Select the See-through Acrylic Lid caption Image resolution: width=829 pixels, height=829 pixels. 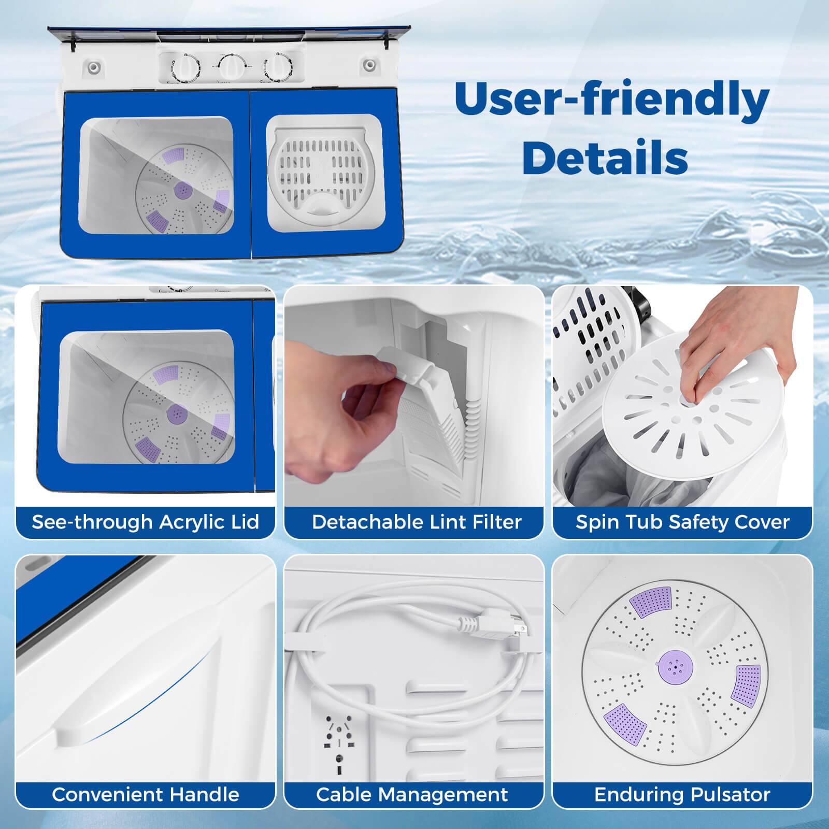pyautogui.click(x=146, y=522)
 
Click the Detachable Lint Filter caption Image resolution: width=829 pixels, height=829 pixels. pyautogui.click(x=417, y=522)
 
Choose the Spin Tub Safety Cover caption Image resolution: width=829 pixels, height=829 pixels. pyautogui.click(x=682, y=522)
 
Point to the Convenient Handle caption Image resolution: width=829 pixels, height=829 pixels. pyautogui.click(x=146, y=794)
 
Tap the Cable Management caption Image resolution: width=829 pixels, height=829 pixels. pyautogui.click(x=412, y=794)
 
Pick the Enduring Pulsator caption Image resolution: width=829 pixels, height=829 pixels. pyautogui.click(x=682, y=794)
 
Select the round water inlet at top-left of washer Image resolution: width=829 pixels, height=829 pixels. pyautogui.click(x=93, y=67)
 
